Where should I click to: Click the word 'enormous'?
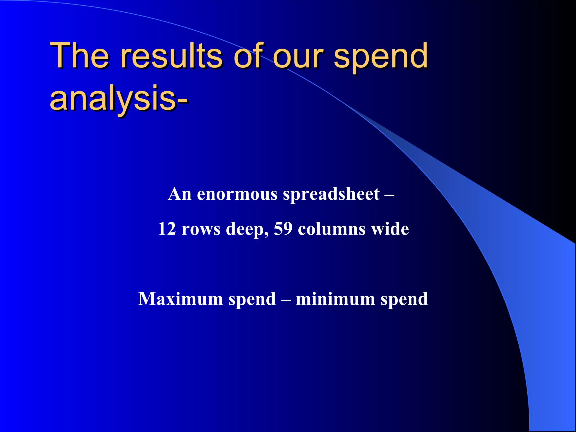tap(237, 194)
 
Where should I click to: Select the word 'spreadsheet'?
tap(331, 194)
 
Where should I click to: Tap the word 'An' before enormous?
tap(180, 194)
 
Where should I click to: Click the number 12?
tap(166, 229)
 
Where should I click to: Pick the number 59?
tap(283, 229)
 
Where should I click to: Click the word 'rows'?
tap(201, 229)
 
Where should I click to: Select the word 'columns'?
tap(332, 229)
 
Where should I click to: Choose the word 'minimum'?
tap(335, 299)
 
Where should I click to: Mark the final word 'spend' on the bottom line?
tap(404, 299)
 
